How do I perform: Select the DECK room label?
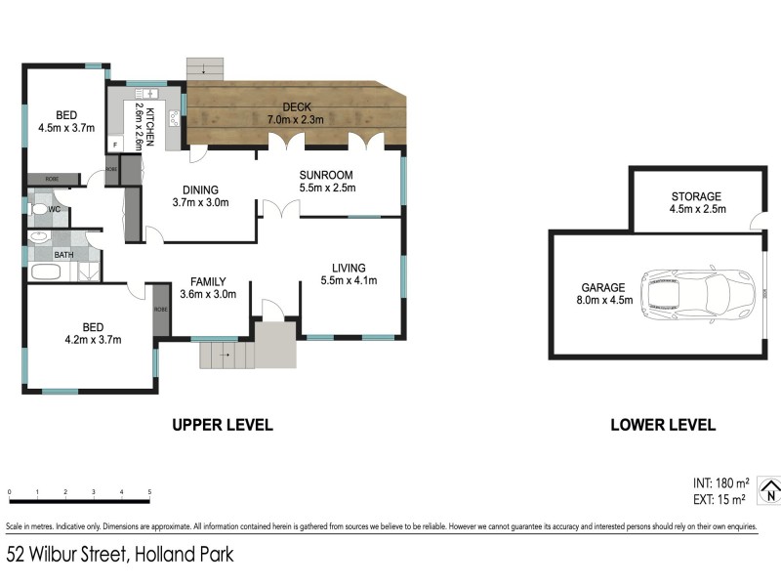click(297, 106)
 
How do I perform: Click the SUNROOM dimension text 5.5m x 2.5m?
click(327, 188)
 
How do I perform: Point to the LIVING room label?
click(349, 268)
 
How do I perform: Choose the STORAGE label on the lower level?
click(695, 196)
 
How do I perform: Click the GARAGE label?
click(602, 288)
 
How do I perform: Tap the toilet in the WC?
click(41, 208)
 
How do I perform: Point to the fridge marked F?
click(116, 145)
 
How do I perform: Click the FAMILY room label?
click(209, 281)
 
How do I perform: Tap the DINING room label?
click(200, 190)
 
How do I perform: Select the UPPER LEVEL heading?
click(223, 425)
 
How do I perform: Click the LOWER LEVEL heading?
click(663, 425)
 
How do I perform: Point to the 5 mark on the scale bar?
click(149, 491)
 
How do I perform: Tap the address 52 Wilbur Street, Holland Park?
click(120, 555)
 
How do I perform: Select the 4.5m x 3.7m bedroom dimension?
click(66, 127)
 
